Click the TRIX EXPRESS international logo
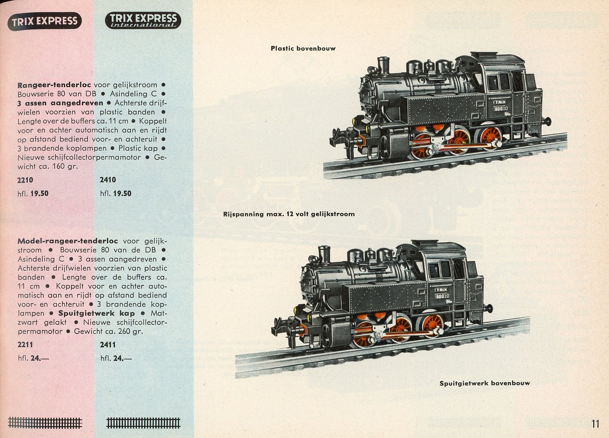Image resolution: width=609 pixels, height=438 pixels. [x=143, y=20]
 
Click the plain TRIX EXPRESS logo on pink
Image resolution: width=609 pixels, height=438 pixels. [x=45, y=21]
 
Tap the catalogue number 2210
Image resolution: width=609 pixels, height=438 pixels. [x=25, y=180]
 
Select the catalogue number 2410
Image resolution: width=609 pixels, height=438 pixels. [x=108, y=180]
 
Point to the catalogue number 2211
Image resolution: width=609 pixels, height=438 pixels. [x=25, y=345]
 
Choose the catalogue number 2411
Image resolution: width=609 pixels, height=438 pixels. [x=108, y=345]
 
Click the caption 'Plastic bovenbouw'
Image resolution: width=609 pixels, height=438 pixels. [x=303, y=48]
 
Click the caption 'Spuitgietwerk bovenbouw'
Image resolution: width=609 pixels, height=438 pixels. [x=485, y=383]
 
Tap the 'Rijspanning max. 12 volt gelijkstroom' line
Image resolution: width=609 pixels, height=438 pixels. [x=289, y=214]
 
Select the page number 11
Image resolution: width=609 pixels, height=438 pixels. [x=595, y=424]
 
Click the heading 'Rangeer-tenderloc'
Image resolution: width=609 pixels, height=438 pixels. [x=54, y=85]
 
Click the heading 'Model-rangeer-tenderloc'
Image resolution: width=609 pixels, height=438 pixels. [x=67, y=241]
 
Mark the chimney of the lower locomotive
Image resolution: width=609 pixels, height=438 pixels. [x=324, y=254]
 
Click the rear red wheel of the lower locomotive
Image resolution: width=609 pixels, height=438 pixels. [x=432, y=326]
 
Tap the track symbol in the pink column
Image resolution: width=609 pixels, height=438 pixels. [x=45, y=422]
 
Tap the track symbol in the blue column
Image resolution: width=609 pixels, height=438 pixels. [x=143, y=423]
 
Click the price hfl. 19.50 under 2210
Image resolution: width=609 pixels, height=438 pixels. [x=33, y=194]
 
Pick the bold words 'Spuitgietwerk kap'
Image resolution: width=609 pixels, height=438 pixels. [x=96, y=313]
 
